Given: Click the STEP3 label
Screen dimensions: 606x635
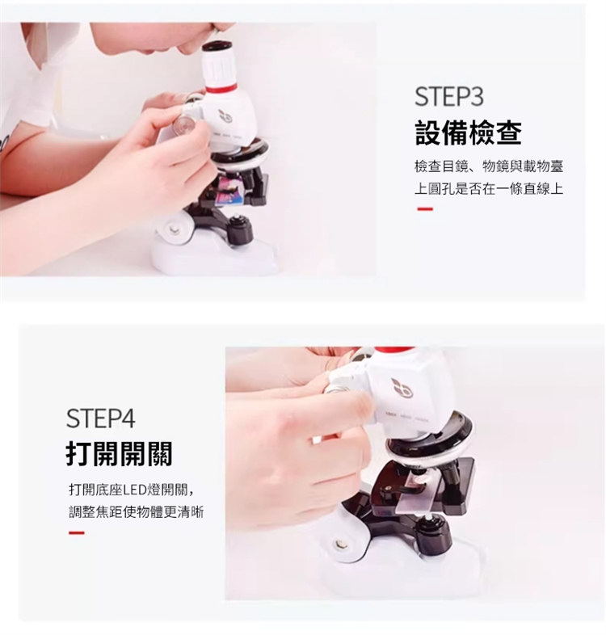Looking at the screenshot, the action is point(448,97).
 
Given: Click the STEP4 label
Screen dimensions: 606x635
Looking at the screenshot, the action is point(100,418).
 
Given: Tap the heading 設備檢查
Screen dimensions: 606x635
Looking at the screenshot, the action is point(469,132).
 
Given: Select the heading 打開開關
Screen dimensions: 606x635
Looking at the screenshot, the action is point(119,453).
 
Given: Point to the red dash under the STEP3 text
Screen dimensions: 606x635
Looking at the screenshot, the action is point(425,209).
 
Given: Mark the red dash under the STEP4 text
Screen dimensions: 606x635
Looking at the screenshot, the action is point(77,532).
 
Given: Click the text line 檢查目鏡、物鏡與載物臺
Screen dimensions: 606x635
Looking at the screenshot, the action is point(489,166).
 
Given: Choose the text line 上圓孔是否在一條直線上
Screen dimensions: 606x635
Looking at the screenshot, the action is point(489,188).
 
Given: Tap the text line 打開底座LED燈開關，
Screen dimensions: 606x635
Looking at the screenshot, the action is point(133,490).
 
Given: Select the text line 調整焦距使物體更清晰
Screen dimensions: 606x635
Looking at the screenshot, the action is point(136,512).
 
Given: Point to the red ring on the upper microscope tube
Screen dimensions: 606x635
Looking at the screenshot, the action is point(221,87).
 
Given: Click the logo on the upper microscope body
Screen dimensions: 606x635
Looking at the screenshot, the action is point(225,116).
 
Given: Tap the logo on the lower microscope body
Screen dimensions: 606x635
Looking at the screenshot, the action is point(401,389).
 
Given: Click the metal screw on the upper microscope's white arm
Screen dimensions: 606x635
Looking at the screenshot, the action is point(175,229).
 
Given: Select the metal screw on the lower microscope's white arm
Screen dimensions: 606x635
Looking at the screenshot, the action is point(339,545).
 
